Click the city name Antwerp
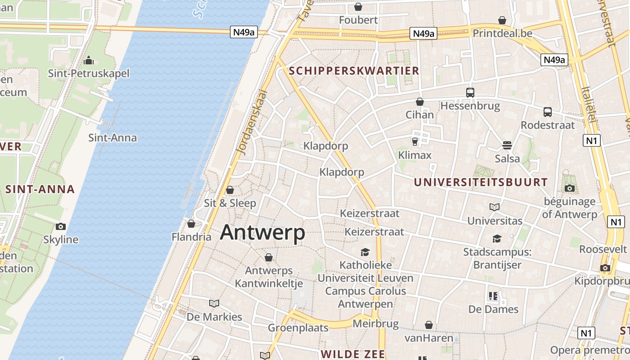pos(262,233)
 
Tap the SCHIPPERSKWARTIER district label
pos(354,71)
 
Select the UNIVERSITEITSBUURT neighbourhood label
pos(481,182)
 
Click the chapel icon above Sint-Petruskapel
pos(89,60)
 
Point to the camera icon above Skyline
pos(60,226)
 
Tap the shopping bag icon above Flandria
pos(191,224)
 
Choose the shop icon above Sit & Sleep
pos(230,190)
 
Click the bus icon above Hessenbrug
pos(470,93)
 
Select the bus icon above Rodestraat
pos(547,112)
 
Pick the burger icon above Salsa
pos(507,145)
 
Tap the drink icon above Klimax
pos(414,142)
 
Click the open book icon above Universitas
pos(495,207)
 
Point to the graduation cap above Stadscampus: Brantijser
pos(497,238)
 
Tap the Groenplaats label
pos(298,328)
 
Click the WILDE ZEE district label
pos(353,354)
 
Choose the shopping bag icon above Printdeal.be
pos(502,20)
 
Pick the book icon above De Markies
pos(214,303)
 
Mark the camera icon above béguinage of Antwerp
pos(569,188)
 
